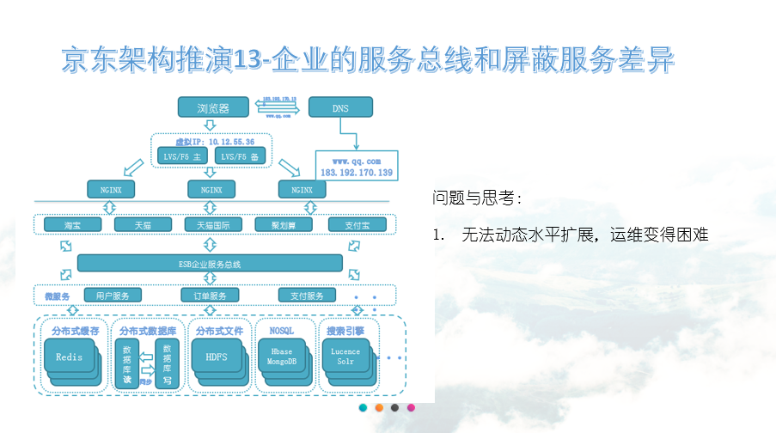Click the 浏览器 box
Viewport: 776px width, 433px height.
pyautogui.click(x=214, y=107)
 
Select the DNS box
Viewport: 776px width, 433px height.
pyautogui.click(x=340, y=107)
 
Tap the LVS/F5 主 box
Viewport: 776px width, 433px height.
pyautogui.click(x=183, y=156)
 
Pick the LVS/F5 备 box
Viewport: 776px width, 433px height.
pyautogui.click(x=240, y=156)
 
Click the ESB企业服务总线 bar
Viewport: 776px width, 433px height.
pyautogui.click(x=211, y=263)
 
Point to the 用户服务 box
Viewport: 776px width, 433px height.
pyautogui.click(x=112, y=296)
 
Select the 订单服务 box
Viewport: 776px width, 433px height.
pyautogui.click(x=210, y=296)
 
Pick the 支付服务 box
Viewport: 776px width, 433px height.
pyautogui.click(x=307, y=296)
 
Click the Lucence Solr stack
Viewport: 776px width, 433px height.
pyautogui.click(x=345, y=357)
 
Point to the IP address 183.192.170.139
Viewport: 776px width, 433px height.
pyautogui.click(x=356, y=173)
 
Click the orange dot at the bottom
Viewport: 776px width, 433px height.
pyautogui.click(x=379, y=407)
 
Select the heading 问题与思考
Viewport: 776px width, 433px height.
pyautogui.click(x=477, y=198)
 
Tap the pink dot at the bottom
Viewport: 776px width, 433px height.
pyautogui.click(x=411, y=407)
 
